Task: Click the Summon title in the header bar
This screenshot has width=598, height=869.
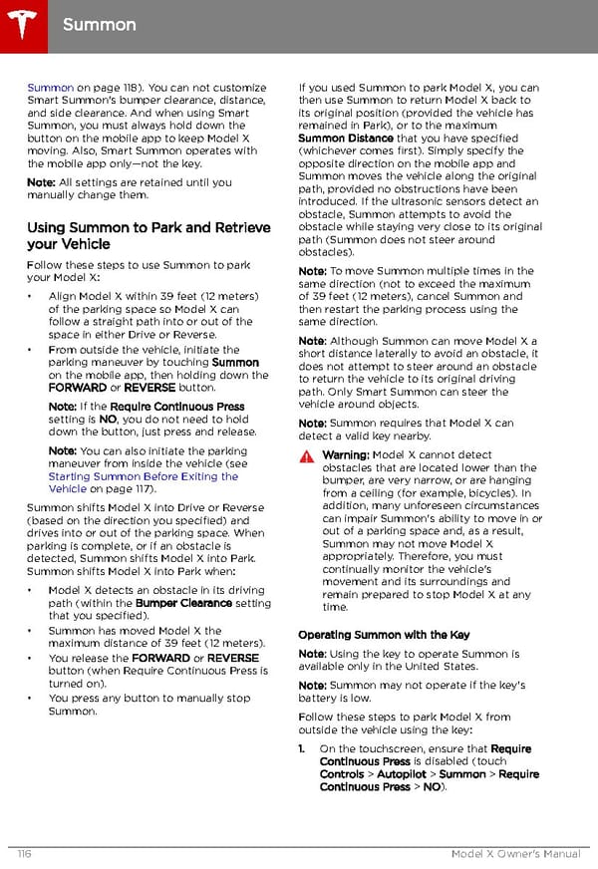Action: click(99, 23)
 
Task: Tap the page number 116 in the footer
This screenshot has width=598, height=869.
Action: click(23, 854)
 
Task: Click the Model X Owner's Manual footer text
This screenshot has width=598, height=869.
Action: click(515, 854)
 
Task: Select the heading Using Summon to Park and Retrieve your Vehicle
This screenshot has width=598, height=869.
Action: click(149, 235)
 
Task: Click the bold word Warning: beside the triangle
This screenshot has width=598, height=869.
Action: click(345, 455)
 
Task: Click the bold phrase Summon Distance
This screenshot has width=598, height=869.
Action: click(346, 139)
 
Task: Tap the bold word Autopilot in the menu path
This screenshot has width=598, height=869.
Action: click(404, 774)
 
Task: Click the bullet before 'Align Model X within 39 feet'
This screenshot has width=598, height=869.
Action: click(33, 297)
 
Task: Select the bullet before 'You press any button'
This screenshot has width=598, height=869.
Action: click(33, 699)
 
